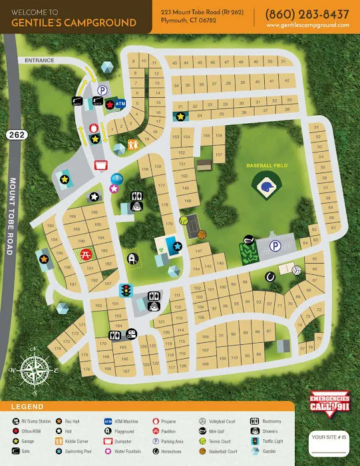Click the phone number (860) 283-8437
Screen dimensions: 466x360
307,14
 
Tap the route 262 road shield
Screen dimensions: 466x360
15,134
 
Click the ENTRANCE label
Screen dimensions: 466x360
39,60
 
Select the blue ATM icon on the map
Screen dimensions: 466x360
120,105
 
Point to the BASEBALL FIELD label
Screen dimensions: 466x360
266,164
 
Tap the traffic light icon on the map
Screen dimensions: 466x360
124,290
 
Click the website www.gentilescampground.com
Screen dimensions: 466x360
307,25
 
